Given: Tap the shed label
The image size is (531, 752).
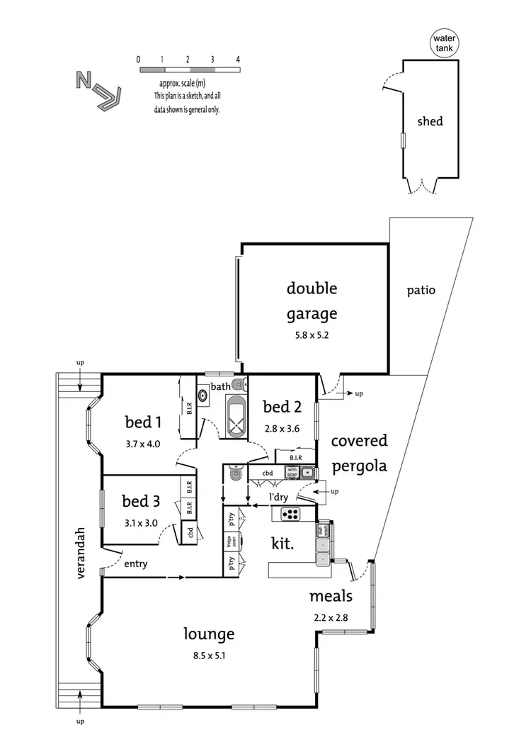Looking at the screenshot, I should click(430, 121).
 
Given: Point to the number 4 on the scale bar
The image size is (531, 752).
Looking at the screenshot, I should click(238, 59).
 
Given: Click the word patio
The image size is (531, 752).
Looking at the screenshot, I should click(421, 290).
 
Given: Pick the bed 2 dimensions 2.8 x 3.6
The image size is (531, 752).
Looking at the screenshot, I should click(282, 428).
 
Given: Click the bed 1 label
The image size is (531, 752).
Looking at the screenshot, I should click(144, 423).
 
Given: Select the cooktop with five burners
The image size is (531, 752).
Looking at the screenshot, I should click(291, 513).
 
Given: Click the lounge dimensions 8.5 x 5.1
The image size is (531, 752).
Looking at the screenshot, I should click(209, 656).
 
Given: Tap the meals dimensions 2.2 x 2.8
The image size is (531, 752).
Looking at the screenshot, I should click(331, 617).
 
